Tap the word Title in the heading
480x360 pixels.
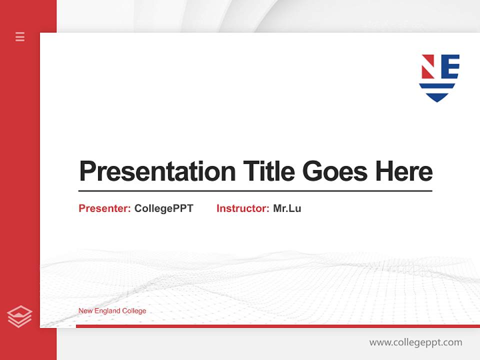click(269, 171)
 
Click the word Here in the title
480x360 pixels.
click(404, 171)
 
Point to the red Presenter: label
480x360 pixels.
click(104, 208)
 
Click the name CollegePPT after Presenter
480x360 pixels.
click(163, 208)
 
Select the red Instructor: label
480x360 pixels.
click(242, 208)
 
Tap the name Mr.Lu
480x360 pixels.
click(287, 208)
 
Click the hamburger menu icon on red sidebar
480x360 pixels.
click(20, 36)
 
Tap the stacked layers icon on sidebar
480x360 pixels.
click(19, 316)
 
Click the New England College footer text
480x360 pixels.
click(112, 311)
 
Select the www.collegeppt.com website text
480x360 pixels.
click(415, 342)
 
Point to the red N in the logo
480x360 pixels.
click(427, 66)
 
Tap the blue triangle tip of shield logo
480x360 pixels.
click(438, 97)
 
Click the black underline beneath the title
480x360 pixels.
click(255, 191)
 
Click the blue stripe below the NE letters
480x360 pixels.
click(438, 86)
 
